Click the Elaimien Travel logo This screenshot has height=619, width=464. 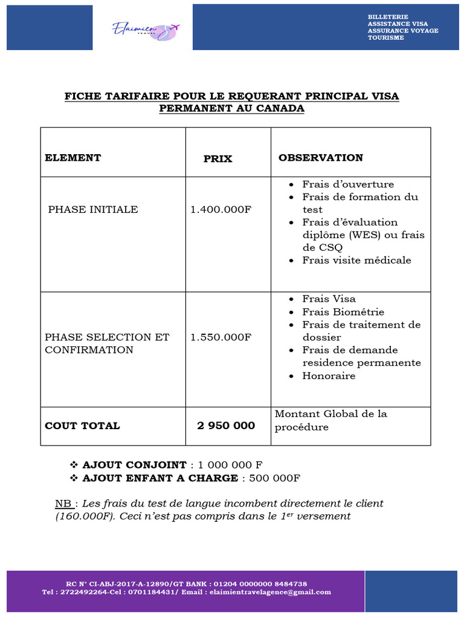click(x=146, y=29)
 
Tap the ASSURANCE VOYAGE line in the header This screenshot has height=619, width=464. click(x=403, y=31)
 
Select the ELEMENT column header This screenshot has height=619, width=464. click(x=72, y=158)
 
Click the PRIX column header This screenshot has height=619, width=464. click(x=217, y=159)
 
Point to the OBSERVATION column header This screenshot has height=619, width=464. click(x=320, y=158)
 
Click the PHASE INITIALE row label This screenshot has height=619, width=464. click(x=93, y=210)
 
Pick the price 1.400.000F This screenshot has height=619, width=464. click(x=221, y=210)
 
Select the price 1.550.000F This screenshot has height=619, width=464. click(x=221, y=337)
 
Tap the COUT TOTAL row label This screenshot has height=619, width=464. click(x=82, y=426)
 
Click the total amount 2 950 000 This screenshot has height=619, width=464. click(x=226, y=426)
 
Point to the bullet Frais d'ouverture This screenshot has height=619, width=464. click(x=348, y=184)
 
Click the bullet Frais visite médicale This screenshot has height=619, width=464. click(x=356, y=261)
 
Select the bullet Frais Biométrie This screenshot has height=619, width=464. click(x=343, y=312)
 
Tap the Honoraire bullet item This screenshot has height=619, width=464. click(x=329, y=376)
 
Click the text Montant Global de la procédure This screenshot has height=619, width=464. click(x=330, y=420)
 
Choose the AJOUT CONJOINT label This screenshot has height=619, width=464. click(x=134, y=465)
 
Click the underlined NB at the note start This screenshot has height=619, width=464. click(x=63, y=504)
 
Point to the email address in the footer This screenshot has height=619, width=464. click(x=269, y=592)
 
